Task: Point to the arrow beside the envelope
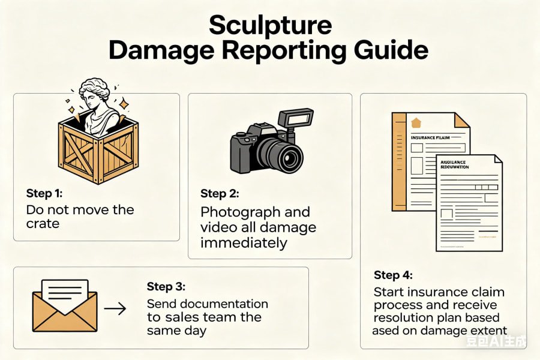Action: tap(115, 308)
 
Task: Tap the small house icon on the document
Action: tap(416, 123)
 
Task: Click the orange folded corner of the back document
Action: tap(461, 120)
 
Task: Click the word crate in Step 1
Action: tap(43, 224)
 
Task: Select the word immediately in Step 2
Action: tap(244, 243)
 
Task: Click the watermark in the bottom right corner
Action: tap(497, 343)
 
